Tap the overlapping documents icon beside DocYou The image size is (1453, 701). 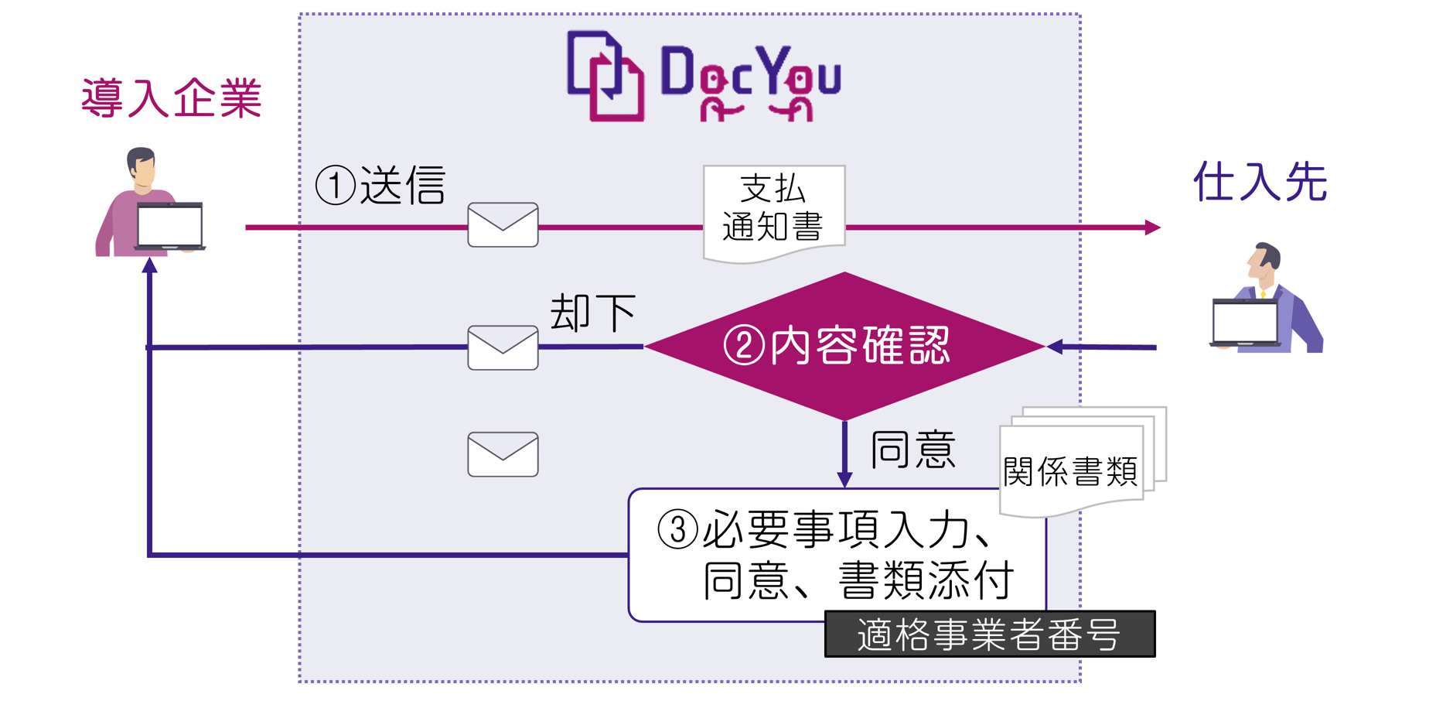pyautogui.click(x=605, y=76)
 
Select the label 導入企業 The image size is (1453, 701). pyautogui.click(x=172, y=98)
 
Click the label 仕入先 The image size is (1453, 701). pyautogui.click(x=1260, y=183)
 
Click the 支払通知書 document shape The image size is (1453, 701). pyautogui.click(x=773, y=210)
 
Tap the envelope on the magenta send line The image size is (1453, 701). pyautogui.click(x=503, y=225)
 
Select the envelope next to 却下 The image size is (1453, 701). pyautogui.click(x=503, y=348)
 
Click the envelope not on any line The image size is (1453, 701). pyautogui.click(x=503, y=454)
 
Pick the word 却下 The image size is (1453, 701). pyautogui.click(x=592, y=313)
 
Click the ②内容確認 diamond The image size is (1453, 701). pyautogui.click(x=844, y=346)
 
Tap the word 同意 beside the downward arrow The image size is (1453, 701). pyautogui.click(x=913, y=450)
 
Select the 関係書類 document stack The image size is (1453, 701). pyautogui.click(x=1075, y=464)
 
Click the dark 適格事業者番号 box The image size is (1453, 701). pyautogui.click(x=990, y=634)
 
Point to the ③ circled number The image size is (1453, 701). pyautogui.click(x=677, y=530)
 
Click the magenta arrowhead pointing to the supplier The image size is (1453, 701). pyautogui.click(x=1152, y=227)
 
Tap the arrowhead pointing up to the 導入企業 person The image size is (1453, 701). pyautogui.click(x=150, y=266)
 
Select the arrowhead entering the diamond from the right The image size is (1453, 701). pyautogui.click(x=1055, y=347)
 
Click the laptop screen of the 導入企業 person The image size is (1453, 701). pyautogui.click(x=170, y=225)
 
